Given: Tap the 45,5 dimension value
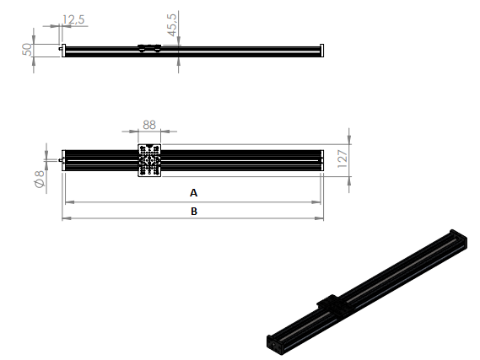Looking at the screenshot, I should click(x=172, y=26).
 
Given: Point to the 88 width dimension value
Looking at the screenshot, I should click(x=148, y=125).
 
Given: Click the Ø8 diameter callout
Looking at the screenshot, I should click(x=38, y=179).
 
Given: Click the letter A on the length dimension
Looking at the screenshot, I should click(x=194, y=192).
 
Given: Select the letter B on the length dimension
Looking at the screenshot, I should click(x=194, y=212).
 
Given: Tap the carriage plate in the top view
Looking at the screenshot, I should click(x=149, y=161).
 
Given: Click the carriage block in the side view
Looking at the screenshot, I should click(x=149, y=48).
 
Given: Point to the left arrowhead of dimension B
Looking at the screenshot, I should click(x=66, y=218).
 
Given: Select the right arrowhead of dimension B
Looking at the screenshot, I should click(x=320, y=218).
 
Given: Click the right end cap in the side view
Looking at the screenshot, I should click(x=321, y=50).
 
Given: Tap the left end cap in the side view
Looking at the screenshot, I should click(x=64, y=50).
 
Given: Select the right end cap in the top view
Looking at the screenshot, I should click(x=321, y=161).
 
